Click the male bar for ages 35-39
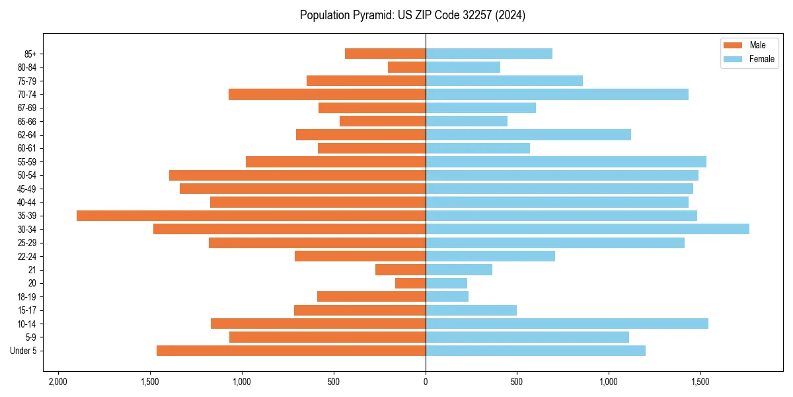point(251,216)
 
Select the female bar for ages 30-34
point(587,229)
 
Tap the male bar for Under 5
point(291,351)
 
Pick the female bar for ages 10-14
point(566,324)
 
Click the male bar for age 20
point(410,283)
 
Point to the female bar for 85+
point(488,54)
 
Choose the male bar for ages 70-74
point(327,94)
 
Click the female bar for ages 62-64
point(528,134)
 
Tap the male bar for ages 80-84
point(406,67)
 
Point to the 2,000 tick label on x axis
point(58,382)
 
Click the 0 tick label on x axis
point(426,382)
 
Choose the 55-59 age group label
point(26,161)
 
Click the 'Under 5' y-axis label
point(23,351)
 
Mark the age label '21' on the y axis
point(32,270)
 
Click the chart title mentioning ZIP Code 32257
point(412,15)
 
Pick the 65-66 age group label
point(26,121)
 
